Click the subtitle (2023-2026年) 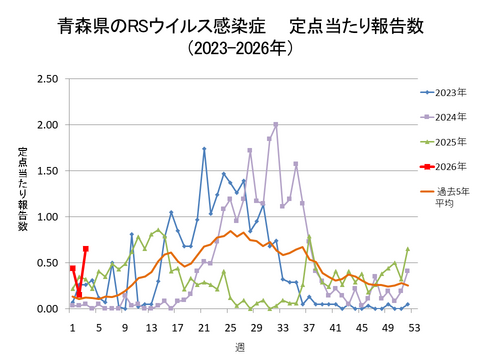[240, 47]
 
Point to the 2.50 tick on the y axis [46, 79]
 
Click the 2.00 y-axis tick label [46, 125]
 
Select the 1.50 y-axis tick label [46, 171]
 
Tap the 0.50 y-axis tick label [46, 263]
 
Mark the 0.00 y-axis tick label [46, 309]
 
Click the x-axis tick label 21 [204, 326]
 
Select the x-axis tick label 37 [309, 326]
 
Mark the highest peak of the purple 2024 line [276, 125]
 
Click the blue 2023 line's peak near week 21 [204, 149]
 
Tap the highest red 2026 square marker [85, 249]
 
